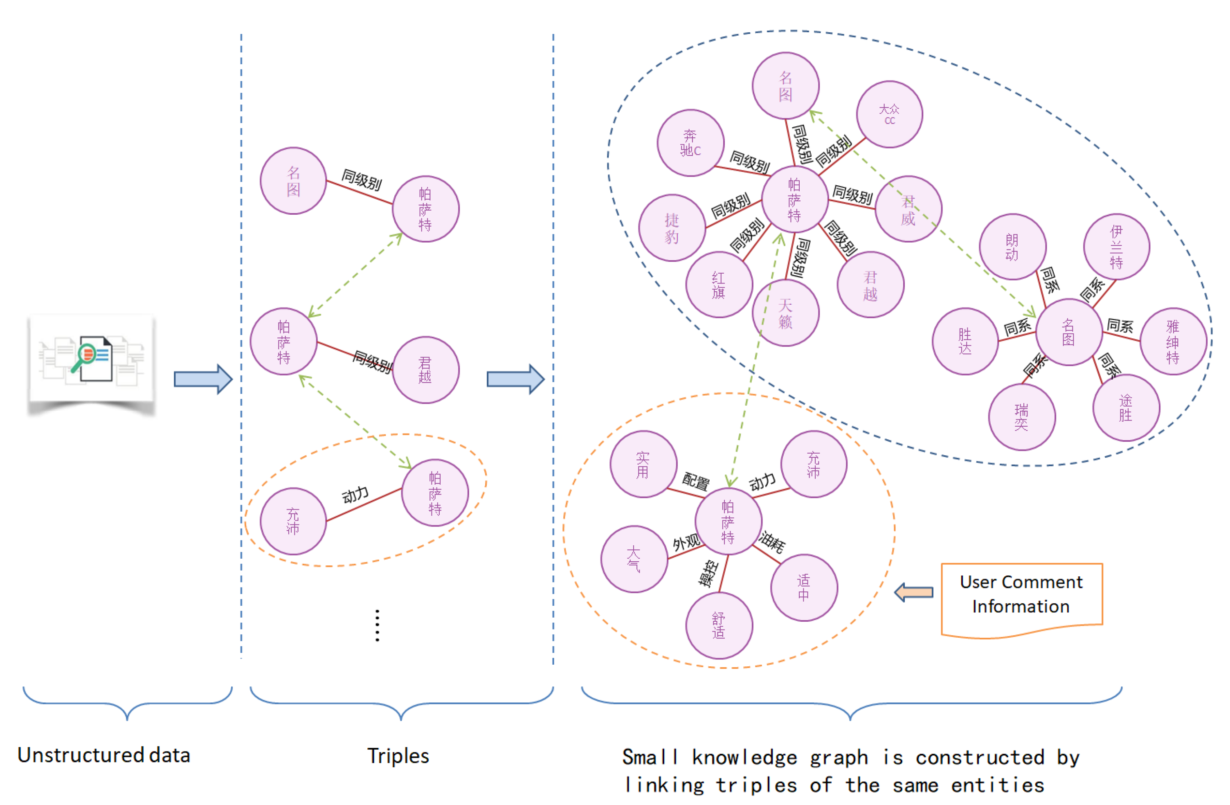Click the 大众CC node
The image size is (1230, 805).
[889, 114]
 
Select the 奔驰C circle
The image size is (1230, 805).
[690, 143]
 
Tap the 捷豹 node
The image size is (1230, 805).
[672, 228]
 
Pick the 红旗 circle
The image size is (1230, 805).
[718, 285]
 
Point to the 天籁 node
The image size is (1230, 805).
[785, 313]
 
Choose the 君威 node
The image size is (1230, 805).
[908, 209]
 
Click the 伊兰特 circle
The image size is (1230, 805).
[1116, 247]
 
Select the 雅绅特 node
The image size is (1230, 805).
[1173, 342]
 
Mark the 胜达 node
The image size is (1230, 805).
[965, 342]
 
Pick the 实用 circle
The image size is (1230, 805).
[643, 465]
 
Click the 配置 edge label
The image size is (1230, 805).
[696, 481]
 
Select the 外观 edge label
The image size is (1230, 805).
[686, 542]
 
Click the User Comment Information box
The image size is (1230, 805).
[1021, 595]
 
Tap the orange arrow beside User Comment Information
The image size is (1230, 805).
[914, 592]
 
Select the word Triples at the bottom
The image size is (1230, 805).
[398, 756]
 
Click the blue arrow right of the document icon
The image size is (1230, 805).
[202, 379]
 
